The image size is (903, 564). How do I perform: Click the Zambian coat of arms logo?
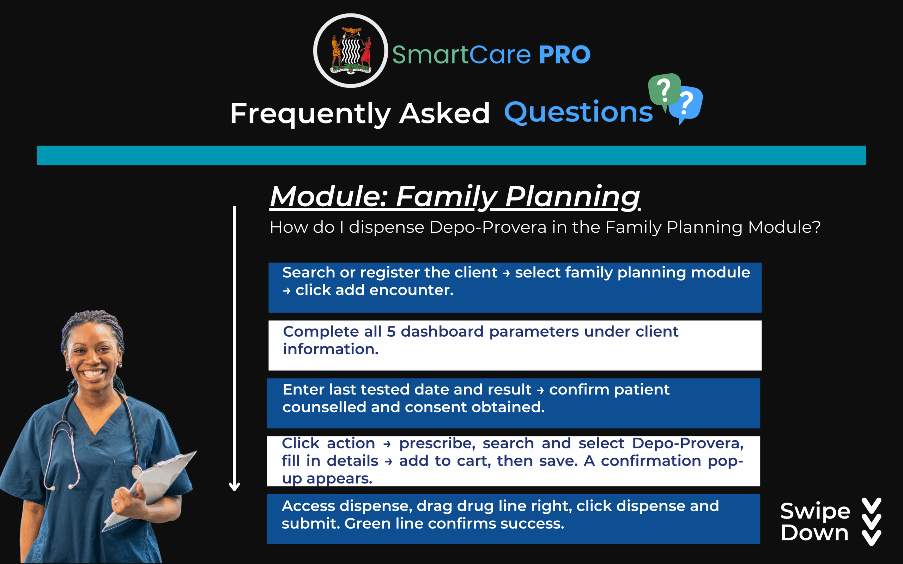[350, 51]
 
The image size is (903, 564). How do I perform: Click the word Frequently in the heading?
[310, 114]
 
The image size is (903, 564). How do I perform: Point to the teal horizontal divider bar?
[451, 155]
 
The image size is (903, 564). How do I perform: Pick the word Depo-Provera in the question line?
[488, 227]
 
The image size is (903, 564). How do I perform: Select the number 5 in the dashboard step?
[391, 332]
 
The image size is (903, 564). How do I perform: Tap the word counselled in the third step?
[324, 407]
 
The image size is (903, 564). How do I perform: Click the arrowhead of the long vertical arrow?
[234, 486]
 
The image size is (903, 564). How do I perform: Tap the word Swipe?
[815, 511]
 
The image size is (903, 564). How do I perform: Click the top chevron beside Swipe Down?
[872, 505]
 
